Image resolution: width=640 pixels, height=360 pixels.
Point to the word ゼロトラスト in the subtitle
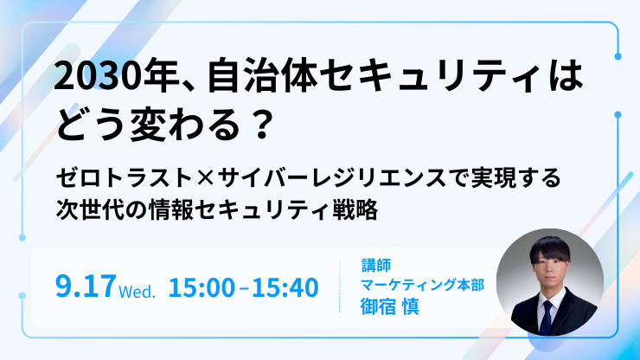coord(125,177)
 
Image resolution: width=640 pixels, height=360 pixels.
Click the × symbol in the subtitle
coord(205,178)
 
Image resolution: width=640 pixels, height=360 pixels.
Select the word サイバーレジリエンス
coord(332,177)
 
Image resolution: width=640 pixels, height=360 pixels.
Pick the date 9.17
coord(86,286)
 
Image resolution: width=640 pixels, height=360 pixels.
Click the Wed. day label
coord(138,292)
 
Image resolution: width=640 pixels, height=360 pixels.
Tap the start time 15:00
coord(202,287)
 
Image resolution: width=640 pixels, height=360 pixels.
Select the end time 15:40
coord(285,287)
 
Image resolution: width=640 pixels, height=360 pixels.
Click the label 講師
coord(376,265)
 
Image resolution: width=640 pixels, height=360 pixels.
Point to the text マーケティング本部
coord(422,285)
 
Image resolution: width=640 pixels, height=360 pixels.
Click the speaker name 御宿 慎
coord(390,306)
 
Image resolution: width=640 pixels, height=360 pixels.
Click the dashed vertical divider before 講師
coord(340,286)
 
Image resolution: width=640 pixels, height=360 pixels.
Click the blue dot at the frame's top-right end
coord(618,56)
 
